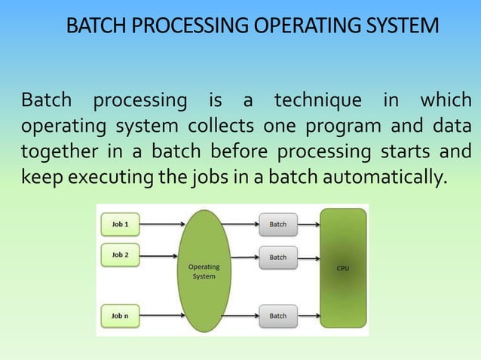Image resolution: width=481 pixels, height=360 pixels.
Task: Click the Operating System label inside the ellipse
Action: [204, 271]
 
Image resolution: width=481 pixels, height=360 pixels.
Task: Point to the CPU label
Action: [342, 268]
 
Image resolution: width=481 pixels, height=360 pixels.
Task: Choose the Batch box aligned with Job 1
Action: [278, 224]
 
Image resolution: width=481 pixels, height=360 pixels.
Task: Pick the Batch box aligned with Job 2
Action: [278, 258]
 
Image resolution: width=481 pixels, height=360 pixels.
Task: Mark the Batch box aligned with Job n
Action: [278, 316]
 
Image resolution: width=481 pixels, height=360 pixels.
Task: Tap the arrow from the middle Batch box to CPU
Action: [309, 258]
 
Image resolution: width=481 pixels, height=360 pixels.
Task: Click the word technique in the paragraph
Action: [317, 100]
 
